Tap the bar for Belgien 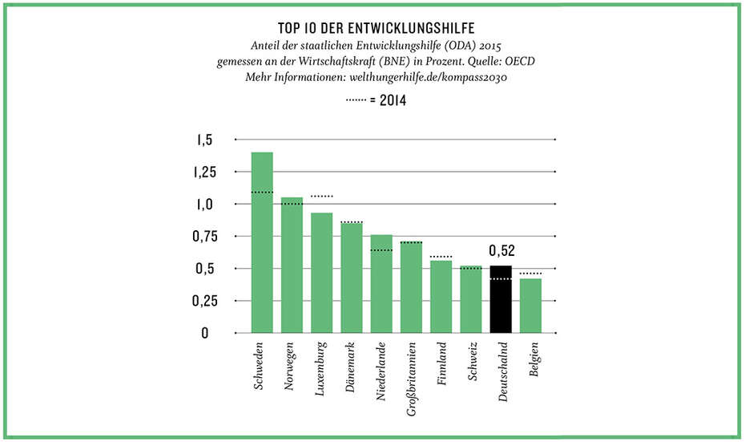tap(530, 306)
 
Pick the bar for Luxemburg tap(321, 273)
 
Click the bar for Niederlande tap(381, 284)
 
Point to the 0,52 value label tap(501, 252)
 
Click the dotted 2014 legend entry tap(372, 101)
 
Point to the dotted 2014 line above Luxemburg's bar tap(321, 197)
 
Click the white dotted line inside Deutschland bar tap(501, 279)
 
